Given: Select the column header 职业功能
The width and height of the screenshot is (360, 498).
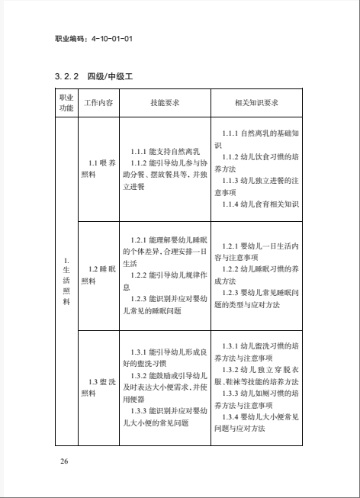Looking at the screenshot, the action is pyautogui.click(x=66, y=102).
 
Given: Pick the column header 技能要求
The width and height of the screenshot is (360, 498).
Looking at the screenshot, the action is pyautogui.click(x=165, y=102).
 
